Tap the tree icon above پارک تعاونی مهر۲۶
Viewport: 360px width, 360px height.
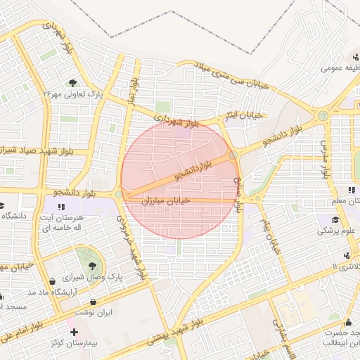coord(73,82)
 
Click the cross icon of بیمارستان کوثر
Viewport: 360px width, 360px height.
coord(74,331)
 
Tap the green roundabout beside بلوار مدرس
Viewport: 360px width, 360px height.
coord(323,115)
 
